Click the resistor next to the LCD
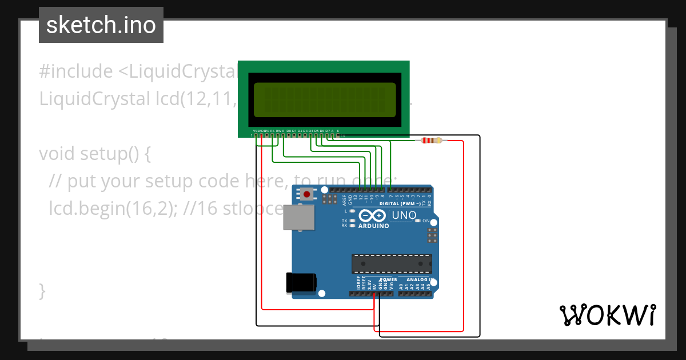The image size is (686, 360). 431,141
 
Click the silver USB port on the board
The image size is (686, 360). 299,217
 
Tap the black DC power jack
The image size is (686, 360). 301,283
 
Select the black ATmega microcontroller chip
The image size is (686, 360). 392,263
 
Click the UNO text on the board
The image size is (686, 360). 404,216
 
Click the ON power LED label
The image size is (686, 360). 425,221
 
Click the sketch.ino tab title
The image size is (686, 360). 101,25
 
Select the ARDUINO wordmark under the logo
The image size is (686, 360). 373,226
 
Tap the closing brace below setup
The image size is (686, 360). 42,291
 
